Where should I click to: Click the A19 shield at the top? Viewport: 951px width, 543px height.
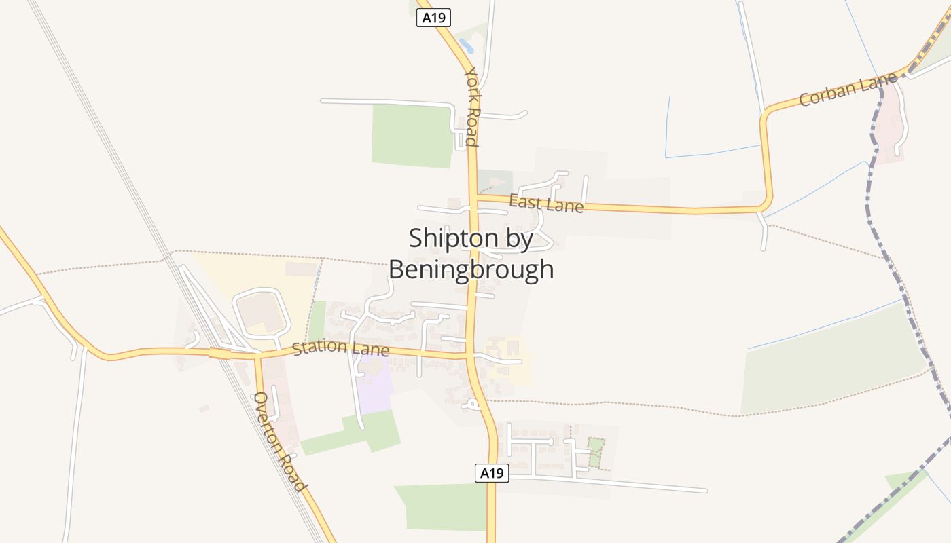[x=433, y=18]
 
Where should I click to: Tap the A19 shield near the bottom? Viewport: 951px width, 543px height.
[x=491, y=473]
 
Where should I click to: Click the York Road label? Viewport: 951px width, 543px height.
[x=472, y=107]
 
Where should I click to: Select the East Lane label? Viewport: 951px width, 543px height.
[x=546, y=203]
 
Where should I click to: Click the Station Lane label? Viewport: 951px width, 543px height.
[x=340, y=348]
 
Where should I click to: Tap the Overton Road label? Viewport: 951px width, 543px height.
[x=279, y=441]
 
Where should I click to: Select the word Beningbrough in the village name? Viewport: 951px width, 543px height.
[x=471, y=269]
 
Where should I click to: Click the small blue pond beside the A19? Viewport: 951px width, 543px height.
[x=466, y=46]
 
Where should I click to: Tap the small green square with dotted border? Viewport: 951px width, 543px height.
[x=595, y=453]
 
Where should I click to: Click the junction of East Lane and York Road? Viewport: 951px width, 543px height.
[x=475, y=198]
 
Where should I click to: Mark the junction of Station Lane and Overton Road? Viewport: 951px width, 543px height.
[x=257, y=355]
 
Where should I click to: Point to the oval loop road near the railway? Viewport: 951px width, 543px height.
[x=262, y=312]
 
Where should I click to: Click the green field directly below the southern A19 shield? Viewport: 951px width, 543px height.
[x=445, y=506]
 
